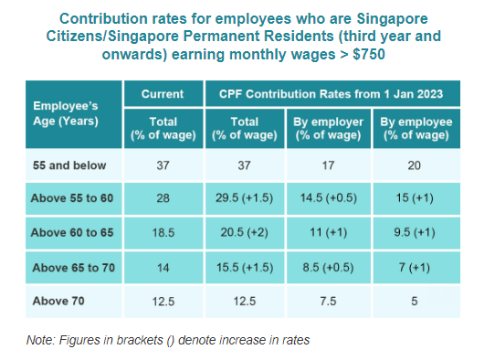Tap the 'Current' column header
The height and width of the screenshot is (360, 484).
click(163, 94)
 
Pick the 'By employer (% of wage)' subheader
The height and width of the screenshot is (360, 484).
click(329, 129)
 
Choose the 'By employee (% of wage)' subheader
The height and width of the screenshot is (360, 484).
click(416, 129)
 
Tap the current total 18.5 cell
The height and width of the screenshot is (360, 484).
click(163, 234)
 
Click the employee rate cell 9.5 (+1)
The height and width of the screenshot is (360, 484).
click(416, 234)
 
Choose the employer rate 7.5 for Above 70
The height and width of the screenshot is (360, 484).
click(329, 302)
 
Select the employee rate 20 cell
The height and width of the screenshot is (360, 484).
click(416, 166)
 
